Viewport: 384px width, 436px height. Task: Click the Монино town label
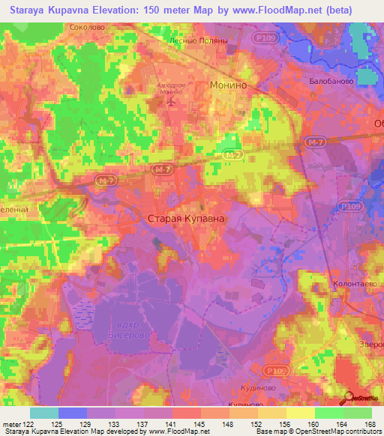[229, 85]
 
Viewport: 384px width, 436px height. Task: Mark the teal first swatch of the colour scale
[44, 413]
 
